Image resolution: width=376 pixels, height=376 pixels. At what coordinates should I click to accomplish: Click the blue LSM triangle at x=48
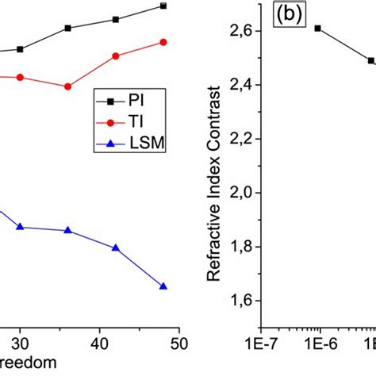pyautogui.click(x=163, y=286)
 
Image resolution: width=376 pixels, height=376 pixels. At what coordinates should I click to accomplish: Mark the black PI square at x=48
pyautogui.click(x=163, y=6)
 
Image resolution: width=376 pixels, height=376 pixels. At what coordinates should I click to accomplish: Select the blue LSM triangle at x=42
pyautogui.click(x=116, y=248)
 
